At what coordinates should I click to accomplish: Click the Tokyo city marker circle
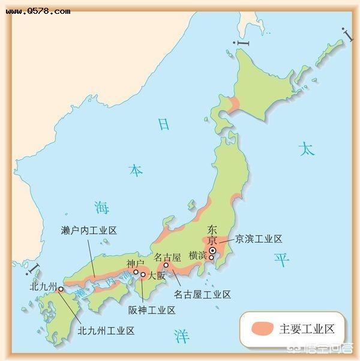[212, 252]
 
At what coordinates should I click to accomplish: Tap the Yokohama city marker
[212, 259]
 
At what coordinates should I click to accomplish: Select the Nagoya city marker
[166, 265]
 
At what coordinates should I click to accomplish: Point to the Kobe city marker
[136, 272]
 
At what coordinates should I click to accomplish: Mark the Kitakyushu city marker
[61, 289]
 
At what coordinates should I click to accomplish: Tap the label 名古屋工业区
[202, 294]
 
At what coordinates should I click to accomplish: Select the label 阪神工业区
[151, 311]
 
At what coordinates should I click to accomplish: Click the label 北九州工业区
[106, 330]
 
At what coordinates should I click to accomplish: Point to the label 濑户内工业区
[88, 230]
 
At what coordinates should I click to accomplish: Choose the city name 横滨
[197, 255]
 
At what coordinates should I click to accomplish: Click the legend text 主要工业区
[303, 329]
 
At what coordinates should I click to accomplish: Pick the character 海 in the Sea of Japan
[101, 208]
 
